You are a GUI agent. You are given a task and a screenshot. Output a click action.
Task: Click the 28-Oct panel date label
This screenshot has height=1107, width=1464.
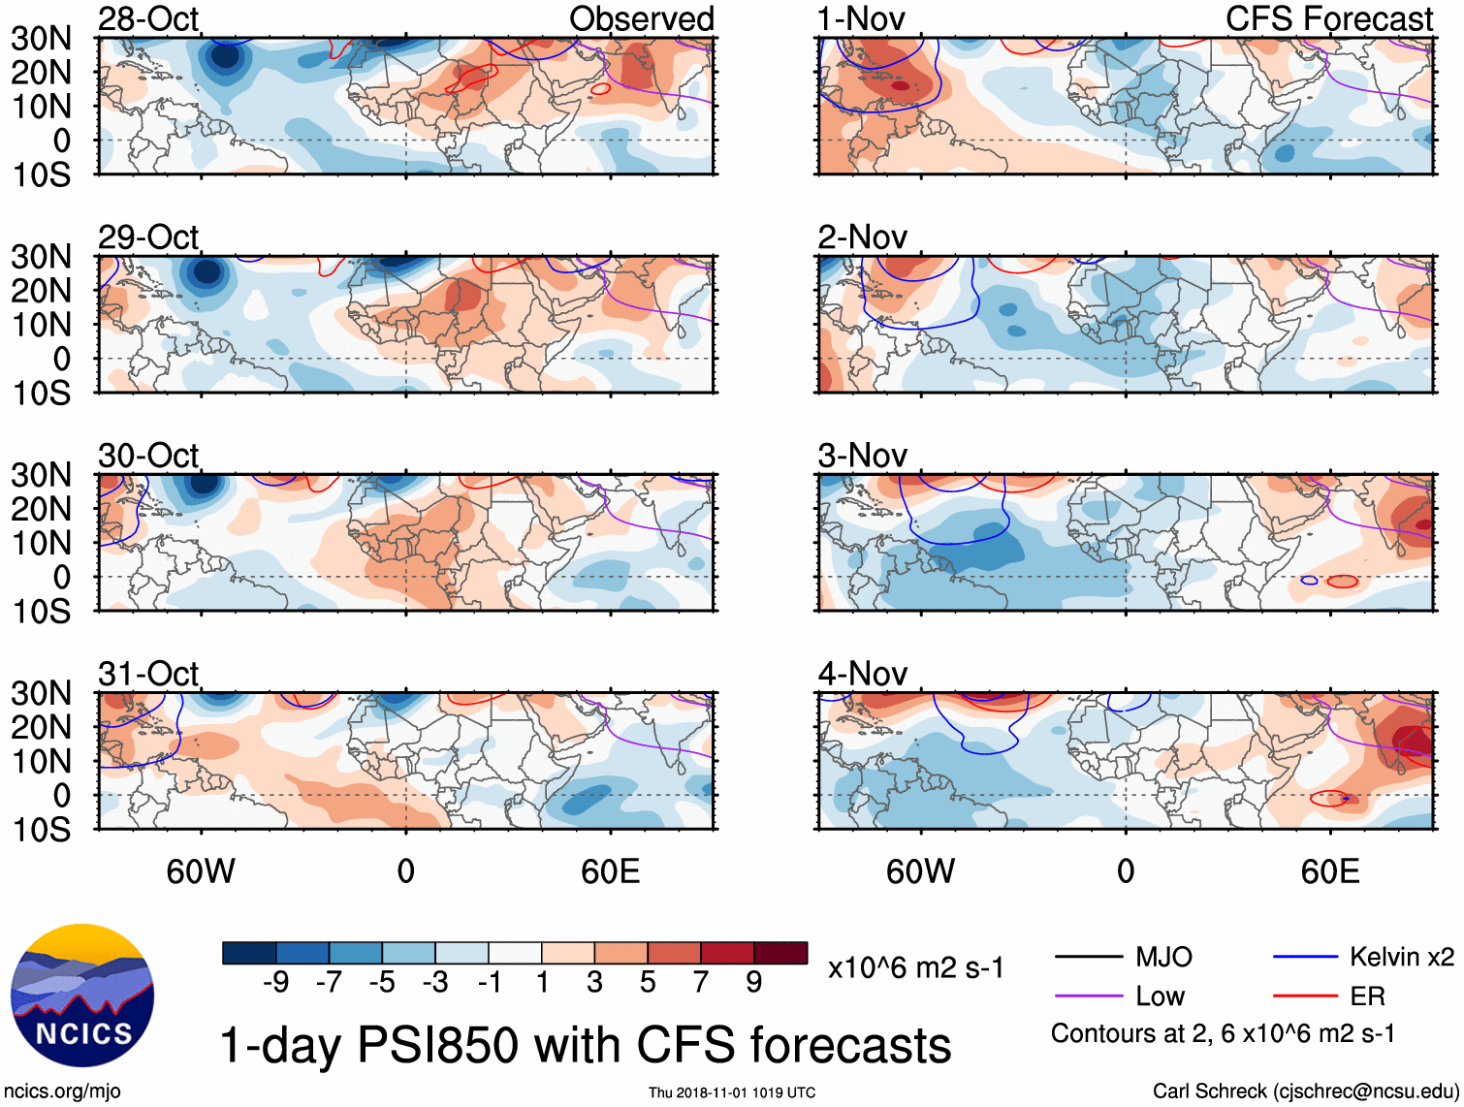148,18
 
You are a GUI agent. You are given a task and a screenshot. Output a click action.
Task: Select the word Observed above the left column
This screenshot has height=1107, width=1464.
641,18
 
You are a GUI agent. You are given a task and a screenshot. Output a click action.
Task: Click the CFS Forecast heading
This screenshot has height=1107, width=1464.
1328,18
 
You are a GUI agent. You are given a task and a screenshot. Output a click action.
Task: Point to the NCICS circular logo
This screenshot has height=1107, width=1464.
82,996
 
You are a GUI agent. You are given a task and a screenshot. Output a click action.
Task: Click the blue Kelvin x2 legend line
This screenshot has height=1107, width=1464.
1305,957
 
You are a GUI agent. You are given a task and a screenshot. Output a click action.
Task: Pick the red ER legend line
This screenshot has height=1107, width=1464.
1305,996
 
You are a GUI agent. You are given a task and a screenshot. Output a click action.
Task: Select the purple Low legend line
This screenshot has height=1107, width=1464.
1088,996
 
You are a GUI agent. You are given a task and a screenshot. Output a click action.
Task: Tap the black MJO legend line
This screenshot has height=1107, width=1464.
1088,957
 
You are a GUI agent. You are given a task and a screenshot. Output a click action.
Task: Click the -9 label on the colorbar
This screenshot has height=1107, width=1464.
275,983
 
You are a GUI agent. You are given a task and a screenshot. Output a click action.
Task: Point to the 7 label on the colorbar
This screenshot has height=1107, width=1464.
701,983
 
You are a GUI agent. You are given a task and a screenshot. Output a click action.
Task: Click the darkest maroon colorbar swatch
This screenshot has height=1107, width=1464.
780,953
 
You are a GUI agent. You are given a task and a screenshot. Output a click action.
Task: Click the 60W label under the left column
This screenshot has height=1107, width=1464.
201,871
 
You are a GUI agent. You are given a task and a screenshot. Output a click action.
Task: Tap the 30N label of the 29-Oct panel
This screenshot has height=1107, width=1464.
41,257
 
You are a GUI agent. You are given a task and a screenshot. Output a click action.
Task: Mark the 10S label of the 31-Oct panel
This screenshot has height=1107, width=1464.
41,830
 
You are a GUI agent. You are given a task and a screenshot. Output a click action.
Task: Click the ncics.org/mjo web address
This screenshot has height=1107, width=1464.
62,1091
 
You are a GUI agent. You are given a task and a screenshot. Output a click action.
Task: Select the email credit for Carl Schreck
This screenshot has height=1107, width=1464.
1305,1091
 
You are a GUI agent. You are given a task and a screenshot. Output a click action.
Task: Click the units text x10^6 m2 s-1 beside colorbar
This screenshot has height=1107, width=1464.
915,967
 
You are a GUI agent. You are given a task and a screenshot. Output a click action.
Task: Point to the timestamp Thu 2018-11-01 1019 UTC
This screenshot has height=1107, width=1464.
732,1092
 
